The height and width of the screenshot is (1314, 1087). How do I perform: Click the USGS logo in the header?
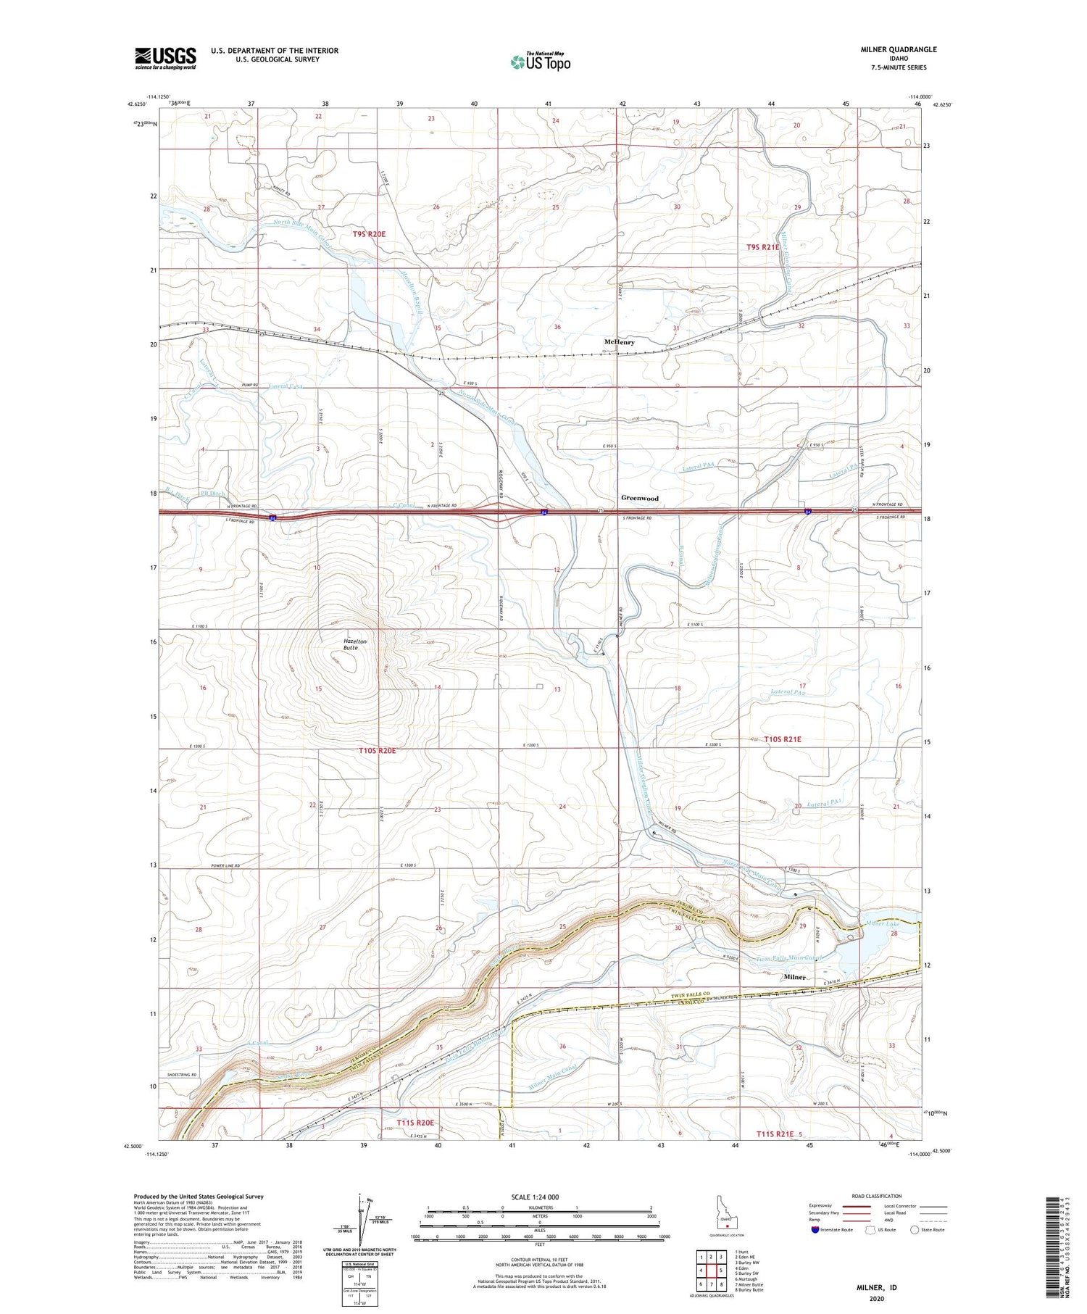[165, 57]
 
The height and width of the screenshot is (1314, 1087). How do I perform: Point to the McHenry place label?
[620, 342]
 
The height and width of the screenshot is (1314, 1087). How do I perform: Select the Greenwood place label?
[640, 499]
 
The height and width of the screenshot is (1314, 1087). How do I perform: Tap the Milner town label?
[795, 977]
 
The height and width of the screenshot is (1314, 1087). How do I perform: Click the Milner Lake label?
[881, 923]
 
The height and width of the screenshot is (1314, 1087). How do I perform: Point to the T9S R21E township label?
[763, 247]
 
